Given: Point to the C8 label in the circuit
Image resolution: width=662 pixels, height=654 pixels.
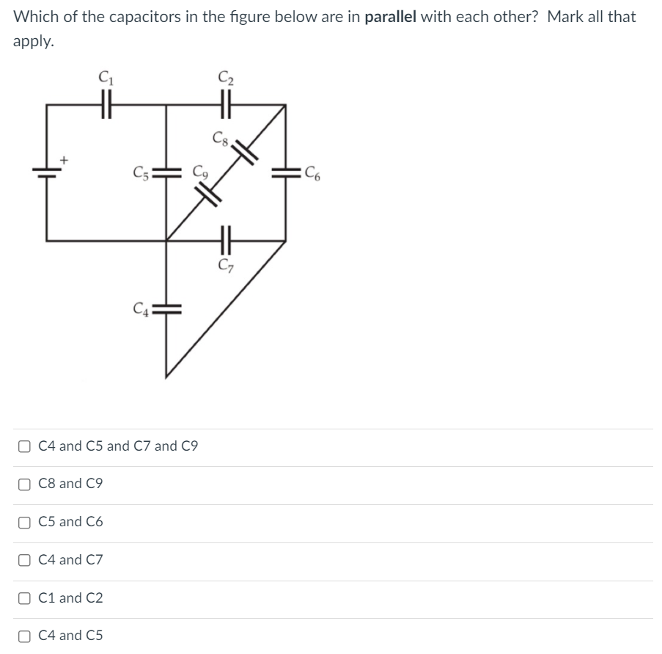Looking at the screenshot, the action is point(219,137).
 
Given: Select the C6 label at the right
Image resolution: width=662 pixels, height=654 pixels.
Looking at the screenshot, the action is point(314,175).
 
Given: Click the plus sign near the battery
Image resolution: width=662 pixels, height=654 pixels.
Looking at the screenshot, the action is point(65,158).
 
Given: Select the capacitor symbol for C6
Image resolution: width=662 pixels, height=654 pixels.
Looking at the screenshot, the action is point(284,174).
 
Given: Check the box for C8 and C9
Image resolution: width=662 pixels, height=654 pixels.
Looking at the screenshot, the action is point(26,484).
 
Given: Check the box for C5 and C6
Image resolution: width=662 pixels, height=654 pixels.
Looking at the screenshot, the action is point(26,522).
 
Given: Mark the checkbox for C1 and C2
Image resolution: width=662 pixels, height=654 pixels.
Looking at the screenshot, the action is point(26,598).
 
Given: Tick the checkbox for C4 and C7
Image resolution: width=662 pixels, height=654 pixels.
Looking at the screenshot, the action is point(26,560).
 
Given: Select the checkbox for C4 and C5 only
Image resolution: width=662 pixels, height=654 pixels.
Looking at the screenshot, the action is point(26,636).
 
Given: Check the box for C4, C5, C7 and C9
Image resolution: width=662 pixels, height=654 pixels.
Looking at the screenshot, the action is point(26,446).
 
